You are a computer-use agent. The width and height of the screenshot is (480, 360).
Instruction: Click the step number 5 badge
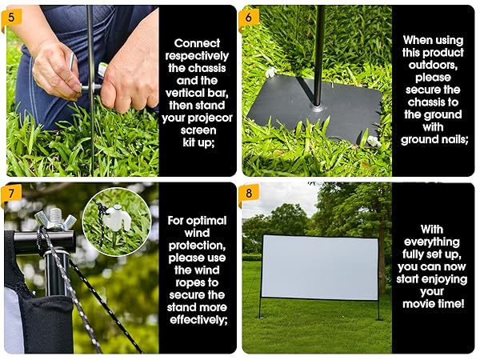(11, 15)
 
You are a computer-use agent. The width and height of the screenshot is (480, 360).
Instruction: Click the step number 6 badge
(249, 15)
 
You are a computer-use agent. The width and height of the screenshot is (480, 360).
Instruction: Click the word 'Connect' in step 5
(197, 43)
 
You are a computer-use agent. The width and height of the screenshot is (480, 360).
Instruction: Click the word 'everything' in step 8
(433, 241)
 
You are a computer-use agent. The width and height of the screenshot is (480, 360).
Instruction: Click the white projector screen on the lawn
(319, 267)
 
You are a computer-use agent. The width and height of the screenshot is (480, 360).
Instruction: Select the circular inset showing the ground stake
(116, 220)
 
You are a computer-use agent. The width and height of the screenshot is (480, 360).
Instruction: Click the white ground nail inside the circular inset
(118, 217)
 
